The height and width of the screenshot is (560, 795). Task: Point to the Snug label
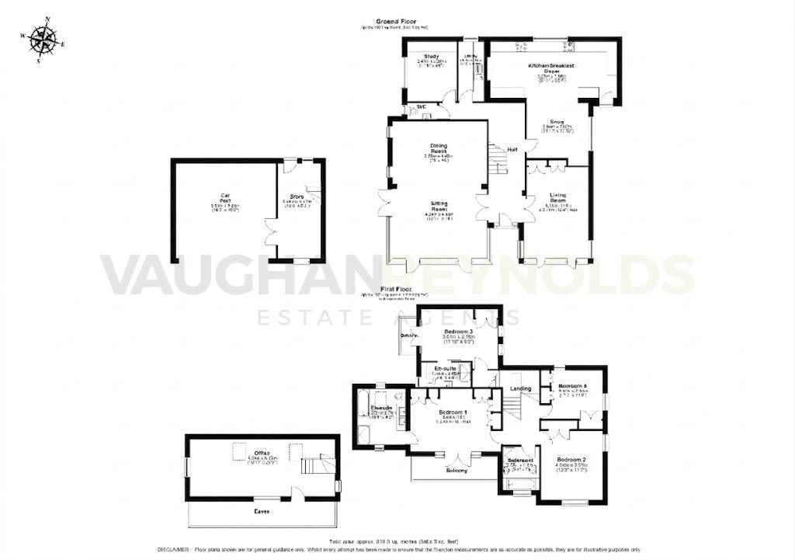pos(556,122)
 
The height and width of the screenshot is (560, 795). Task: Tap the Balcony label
pos(456,470)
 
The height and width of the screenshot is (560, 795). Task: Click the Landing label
pos(520,388)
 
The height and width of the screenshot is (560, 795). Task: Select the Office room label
pos(261,454)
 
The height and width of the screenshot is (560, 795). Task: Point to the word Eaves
pos(262,513)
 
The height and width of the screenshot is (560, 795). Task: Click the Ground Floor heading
pos(394,21)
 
